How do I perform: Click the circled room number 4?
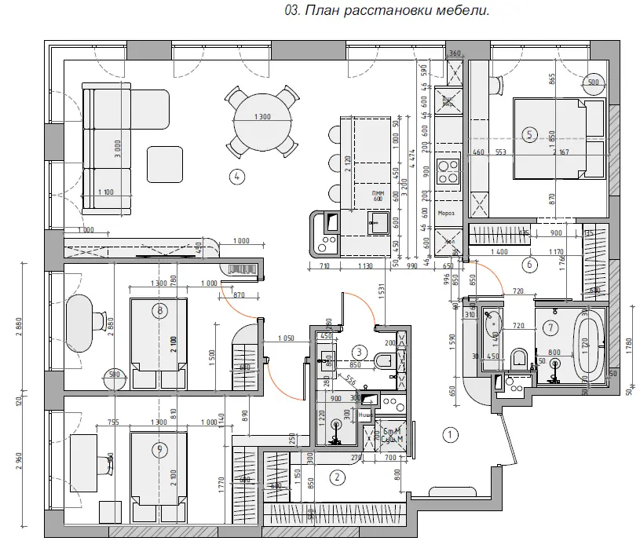click(x=236, y=176)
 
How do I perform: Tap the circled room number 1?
click(x=450, y=433)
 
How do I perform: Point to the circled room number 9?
click(x=160, y=448)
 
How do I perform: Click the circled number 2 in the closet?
click(x=337, y=476)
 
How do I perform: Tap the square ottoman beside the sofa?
click(x=166, y=163)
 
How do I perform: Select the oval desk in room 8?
click(x=81, y=323)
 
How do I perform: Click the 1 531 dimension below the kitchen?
click(x=380, y=292)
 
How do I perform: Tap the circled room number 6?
click(x=529, y=264)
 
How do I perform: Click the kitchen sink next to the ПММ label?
click(x=379, y=224)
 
